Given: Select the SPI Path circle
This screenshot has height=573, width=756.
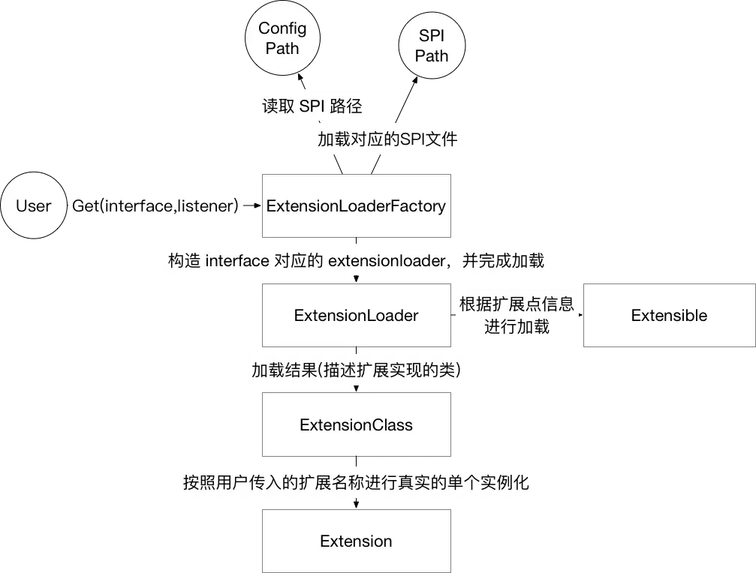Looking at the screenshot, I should pyautogui.click(x=431, y=46).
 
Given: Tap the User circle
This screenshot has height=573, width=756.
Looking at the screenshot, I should pyautogui.click(x=34, y=206).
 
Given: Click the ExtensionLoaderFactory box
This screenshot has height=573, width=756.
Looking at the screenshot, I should pyautogui.click(x=356, y=206).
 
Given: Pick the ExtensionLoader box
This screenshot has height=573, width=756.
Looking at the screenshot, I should pyautogui.click(x=356, y=315).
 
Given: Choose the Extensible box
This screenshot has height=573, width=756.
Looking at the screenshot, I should pyautogui.click(x=669, y=315).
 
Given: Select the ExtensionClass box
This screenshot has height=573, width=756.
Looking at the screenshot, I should pyautogui.click(x=356, y=425).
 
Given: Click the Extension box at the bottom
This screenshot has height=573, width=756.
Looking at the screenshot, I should pyautogui.click(x=356, y=541).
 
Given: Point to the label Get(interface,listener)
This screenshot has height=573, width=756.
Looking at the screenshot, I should pyautogui.click(x=155, y=206).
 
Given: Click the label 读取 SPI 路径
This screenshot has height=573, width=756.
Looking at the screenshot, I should pyautogui.click(x=312, y=106).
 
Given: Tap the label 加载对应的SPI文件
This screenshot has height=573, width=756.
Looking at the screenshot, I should pyautogui.click(x=387, y=139).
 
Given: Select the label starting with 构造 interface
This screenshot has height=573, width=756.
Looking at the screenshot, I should pyautogui.click(x=356, y=261).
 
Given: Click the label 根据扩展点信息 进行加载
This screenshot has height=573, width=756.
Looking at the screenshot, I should pyautogui.click(x=517, y=315).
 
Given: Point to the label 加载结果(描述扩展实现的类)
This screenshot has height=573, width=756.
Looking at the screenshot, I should pyautogui.click(x=356, y=370).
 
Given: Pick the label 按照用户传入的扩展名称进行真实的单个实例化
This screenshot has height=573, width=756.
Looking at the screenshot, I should pyautogui.click(x=356, y=481).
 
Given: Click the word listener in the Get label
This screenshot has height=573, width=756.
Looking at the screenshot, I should pyautogui.click(x=208, y=206).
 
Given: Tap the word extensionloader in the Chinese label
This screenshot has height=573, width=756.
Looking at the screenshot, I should pyautogui.click(x=383, y=261).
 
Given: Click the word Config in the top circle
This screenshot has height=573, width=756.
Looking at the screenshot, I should pyautogui.click(x=282, y=28).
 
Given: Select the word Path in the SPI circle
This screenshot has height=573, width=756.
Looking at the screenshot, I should pyautogui.click(x=431, y=56).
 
